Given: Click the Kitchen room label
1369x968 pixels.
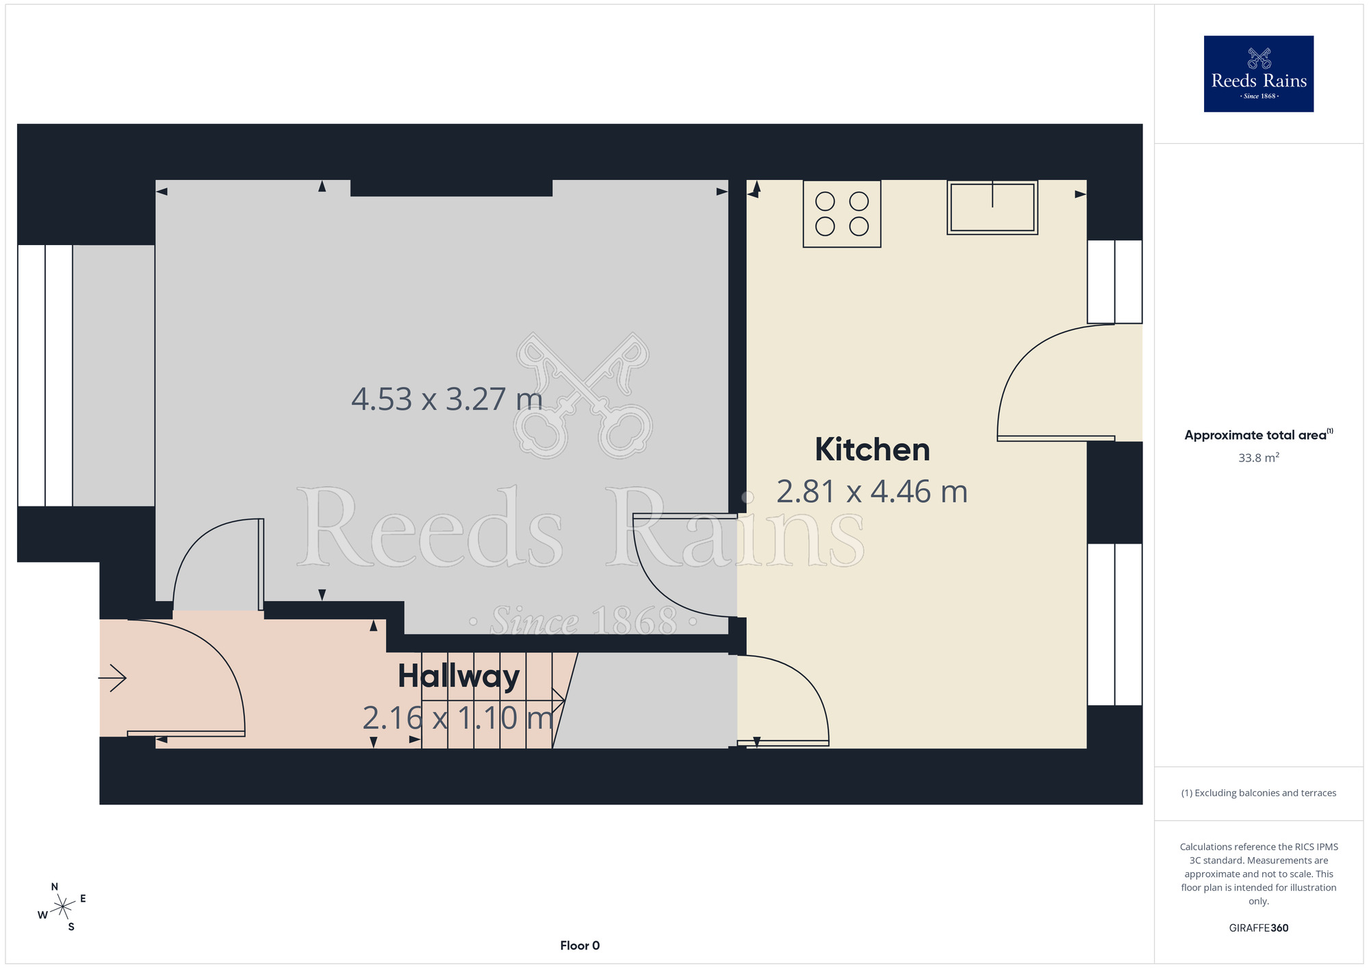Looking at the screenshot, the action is (872, 450).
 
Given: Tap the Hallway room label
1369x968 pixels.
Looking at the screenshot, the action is (459, 676).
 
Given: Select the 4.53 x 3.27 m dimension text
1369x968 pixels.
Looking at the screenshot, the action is (447, 399).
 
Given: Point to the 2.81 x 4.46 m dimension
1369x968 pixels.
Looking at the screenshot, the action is (872, 492).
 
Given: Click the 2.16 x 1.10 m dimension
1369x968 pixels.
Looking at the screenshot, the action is (458, 718).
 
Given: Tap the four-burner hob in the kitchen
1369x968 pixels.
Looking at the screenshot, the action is (842, 214).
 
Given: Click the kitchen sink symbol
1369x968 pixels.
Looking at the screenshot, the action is (993, 207).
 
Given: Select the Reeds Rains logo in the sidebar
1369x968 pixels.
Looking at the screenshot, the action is (1259, 74).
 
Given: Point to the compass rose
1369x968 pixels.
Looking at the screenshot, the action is (62, 907).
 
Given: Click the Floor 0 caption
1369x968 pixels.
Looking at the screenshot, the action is (580, 945).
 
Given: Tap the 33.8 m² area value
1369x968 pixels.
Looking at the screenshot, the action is (1259, 457).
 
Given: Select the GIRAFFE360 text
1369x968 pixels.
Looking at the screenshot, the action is (1259, 928).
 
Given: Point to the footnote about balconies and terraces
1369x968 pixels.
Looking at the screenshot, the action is (1259, 793).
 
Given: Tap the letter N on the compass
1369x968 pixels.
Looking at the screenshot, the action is (55, 887).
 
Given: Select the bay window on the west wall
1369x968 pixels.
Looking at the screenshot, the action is (45, 375).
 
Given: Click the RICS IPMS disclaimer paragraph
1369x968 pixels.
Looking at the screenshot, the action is (1259, 874).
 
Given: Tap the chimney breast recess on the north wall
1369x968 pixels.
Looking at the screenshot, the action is (451, 188).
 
